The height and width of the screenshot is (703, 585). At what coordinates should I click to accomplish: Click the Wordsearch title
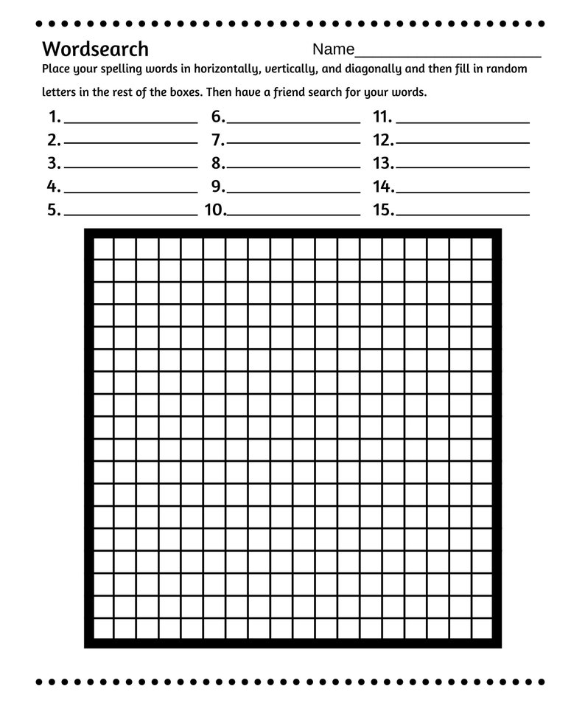(95, 49)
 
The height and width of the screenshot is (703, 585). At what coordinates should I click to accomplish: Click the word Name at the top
(333, 49)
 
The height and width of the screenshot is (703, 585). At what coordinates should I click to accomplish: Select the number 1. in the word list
(55, 117)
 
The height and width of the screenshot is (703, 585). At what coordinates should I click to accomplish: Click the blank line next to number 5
(130, 214)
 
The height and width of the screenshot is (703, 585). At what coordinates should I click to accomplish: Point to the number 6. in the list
(218, 117)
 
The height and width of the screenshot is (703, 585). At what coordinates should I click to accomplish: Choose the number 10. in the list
(215, 210)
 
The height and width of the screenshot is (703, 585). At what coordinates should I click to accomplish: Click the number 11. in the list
(382, 117)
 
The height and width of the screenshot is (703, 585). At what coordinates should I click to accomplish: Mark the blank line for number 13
(463, 167)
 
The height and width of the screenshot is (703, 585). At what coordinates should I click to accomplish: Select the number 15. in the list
(384, 210)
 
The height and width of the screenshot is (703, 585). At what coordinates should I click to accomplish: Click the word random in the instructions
(507, 69)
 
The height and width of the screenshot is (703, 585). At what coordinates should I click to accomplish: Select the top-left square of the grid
(102, 249)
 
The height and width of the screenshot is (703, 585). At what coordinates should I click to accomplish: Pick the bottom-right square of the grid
(483, 628)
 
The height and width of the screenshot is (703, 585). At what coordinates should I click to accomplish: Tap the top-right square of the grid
(483, 249)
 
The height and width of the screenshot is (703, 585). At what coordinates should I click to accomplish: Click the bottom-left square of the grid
(102, 628)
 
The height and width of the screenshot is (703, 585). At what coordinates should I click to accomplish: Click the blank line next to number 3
(130, 167)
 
